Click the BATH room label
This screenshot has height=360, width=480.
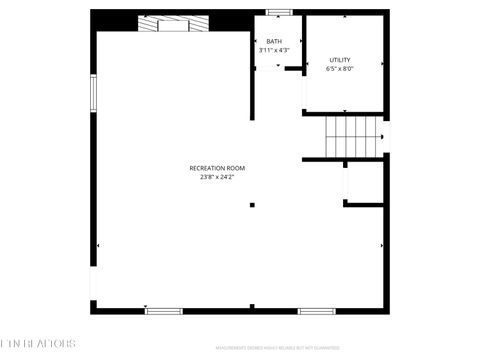click(x=273, y=42)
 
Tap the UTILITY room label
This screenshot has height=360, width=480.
click(x=340, y=60)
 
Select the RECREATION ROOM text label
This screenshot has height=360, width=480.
click(x=217, y=168)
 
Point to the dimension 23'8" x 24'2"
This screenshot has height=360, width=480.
click(x=217, y=177)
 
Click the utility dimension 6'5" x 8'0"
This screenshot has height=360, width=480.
click(x=340, y=69)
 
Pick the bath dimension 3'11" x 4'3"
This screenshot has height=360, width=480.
click(x=273, y=51)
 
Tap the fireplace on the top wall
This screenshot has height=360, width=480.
click(x=175, y=25)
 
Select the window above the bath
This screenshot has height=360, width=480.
click(x=279, y=12)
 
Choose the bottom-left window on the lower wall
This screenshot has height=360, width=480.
click(x=164, y=311)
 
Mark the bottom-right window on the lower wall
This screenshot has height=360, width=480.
click(x=315, y=311)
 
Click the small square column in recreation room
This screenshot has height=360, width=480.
click(x=252, y=205)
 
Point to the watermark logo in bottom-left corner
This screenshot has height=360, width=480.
click(x=37, y=343)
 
